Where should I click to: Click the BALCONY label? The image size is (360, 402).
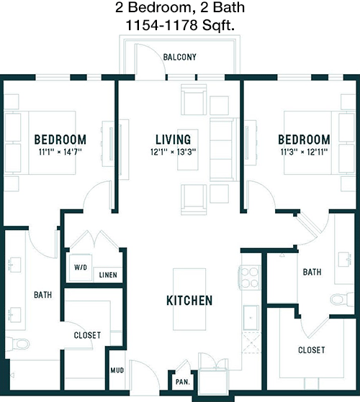click(179, 57)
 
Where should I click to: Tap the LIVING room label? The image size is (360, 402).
click(174, 140)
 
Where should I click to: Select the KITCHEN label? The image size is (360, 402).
click(189, 301)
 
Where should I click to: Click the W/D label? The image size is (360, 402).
click(81, 268)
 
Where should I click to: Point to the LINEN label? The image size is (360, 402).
click(108, 275)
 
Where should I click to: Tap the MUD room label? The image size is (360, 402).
click(117, 370)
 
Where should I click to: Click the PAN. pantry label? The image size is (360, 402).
click(183, 382)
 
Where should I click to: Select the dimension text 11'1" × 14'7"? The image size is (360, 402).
click(60, 152)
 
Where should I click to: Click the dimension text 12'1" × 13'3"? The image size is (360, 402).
click(174, 152)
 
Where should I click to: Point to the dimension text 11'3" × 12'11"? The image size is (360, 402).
click(304, 152)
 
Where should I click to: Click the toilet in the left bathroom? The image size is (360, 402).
click(17, 344)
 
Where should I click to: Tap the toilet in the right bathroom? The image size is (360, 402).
click(342, 299)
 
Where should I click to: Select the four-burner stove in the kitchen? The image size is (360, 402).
click(251, 278)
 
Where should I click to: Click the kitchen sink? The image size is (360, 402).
click(251, 318)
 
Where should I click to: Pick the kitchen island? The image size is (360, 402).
click(189, 299)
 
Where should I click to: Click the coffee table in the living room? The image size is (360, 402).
click(188, 150)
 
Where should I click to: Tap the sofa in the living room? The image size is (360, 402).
click(224, 150)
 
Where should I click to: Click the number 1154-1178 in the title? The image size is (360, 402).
click(161, 25)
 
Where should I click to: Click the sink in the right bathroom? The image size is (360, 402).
click(345, 259)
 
